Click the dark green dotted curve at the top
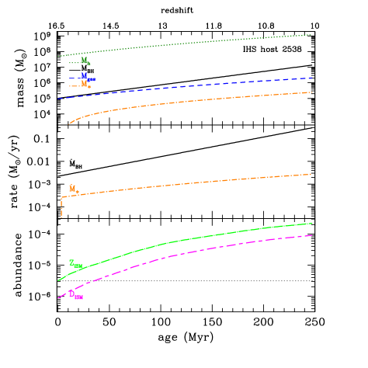(x=186, y=43)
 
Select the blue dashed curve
(x=186, y=86)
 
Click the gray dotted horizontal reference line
(x=233, y=281)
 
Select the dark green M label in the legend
(x=85, y=61)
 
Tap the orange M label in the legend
(x=85, y=84)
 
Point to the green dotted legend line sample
(x=73, y=62)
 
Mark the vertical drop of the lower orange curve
(x=61, y=207)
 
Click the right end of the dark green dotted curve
(x=311, y=34)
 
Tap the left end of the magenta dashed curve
(x=58, y=298)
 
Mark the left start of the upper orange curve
(x=69, y=123)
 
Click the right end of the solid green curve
(x=311, y=224)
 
